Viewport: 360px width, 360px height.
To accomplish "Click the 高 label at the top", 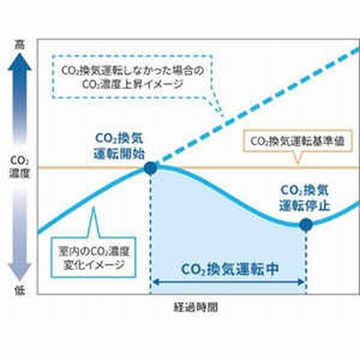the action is pyautogui.click(x=20, y=45).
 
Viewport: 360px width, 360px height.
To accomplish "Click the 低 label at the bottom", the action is pyautogui.click(x=20, y=291).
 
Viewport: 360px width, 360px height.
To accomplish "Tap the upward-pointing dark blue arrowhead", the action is pyautogui.click(x=20, y=62).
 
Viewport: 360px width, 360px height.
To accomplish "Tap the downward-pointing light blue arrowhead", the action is pyautogui.click(x=20, y=273).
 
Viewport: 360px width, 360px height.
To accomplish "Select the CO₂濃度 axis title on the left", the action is pyautogui.click(x=20, y=167).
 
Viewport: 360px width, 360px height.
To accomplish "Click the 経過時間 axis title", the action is pyautogui.click(x=196, y=308).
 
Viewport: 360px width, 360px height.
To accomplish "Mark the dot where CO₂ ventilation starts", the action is pyautogui.click(x=150, y=168).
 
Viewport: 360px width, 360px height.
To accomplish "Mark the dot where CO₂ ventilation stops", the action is pyautogui.click(x=306, y=224).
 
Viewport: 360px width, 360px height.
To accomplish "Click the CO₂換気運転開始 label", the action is pyautogui.click(x=119, y=146).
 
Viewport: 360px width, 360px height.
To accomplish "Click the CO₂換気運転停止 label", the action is pyautogui.click(x=304, y=198).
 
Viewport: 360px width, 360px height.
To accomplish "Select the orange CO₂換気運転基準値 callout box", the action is pyautogui.click(x=297, y=141).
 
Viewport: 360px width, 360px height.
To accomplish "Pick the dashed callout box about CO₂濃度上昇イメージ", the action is pyautogui.click(x=132, y=76).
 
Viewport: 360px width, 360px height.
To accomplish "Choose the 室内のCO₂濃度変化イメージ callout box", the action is pyautogui.click(x=94, y=257).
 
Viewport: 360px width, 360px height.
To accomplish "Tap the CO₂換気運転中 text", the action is pyautogui.click(x=229, y=269).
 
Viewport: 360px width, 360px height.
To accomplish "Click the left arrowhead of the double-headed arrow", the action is pyautogui.click(x=157, y=282).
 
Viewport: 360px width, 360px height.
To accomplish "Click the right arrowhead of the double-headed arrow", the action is pyautogui.click(x=301, y=282).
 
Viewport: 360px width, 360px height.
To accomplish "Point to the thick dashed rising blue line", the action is pyautogui.click(x=255, y=107).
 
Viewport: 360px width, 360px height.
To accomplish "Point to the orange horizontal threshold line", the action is pyautogui.click(x=198, y=167).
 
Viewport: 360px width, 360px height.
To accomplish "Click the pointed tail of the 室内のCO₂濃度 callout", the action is pyautogui.click(x=94, y=207).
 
